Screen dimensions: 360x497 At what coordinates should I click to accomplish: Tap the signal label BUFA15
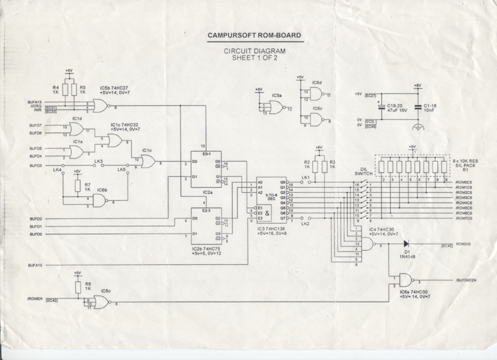coord(35,265)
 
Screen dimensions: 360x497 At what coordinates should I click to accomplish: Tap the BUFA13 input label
coord(35,101)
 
